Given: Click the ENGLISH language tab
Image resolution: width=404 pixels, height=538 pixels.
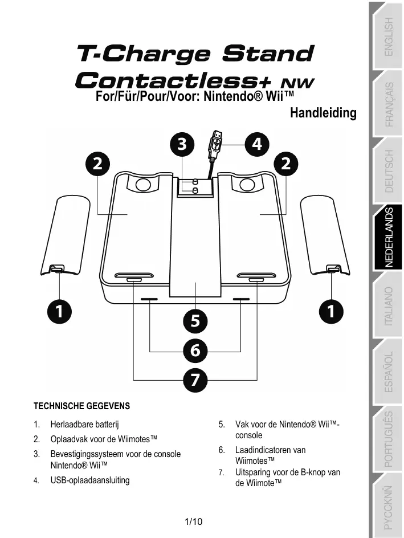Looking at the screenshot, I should point(388,36).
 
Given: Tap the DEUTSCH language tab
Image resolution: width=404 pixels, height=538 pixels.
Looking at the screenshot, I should point(388,171).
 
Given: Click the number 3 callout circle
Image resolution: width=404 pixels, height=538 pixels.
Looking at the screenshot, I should point(181,144).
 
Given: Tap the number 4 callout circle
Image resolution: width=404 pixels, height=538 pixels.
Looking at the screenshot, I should point(257,144).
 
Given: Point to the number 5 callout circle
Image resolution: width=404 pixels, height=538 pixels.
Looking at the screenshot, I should point(195,321).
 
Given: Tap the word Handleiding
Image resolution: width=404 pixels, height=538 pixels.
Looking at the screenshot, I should point(323,113).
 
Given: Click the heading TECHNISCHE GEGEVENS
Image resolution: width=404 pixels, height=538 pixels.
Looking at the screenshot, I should point(82,406).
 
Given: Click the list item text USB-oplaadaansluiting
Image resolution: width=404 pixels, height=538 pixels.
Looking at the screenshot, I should point(90,480).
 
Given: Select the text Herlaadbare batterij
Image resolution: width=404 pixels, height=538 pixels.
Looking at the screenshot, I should point(85,425).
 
